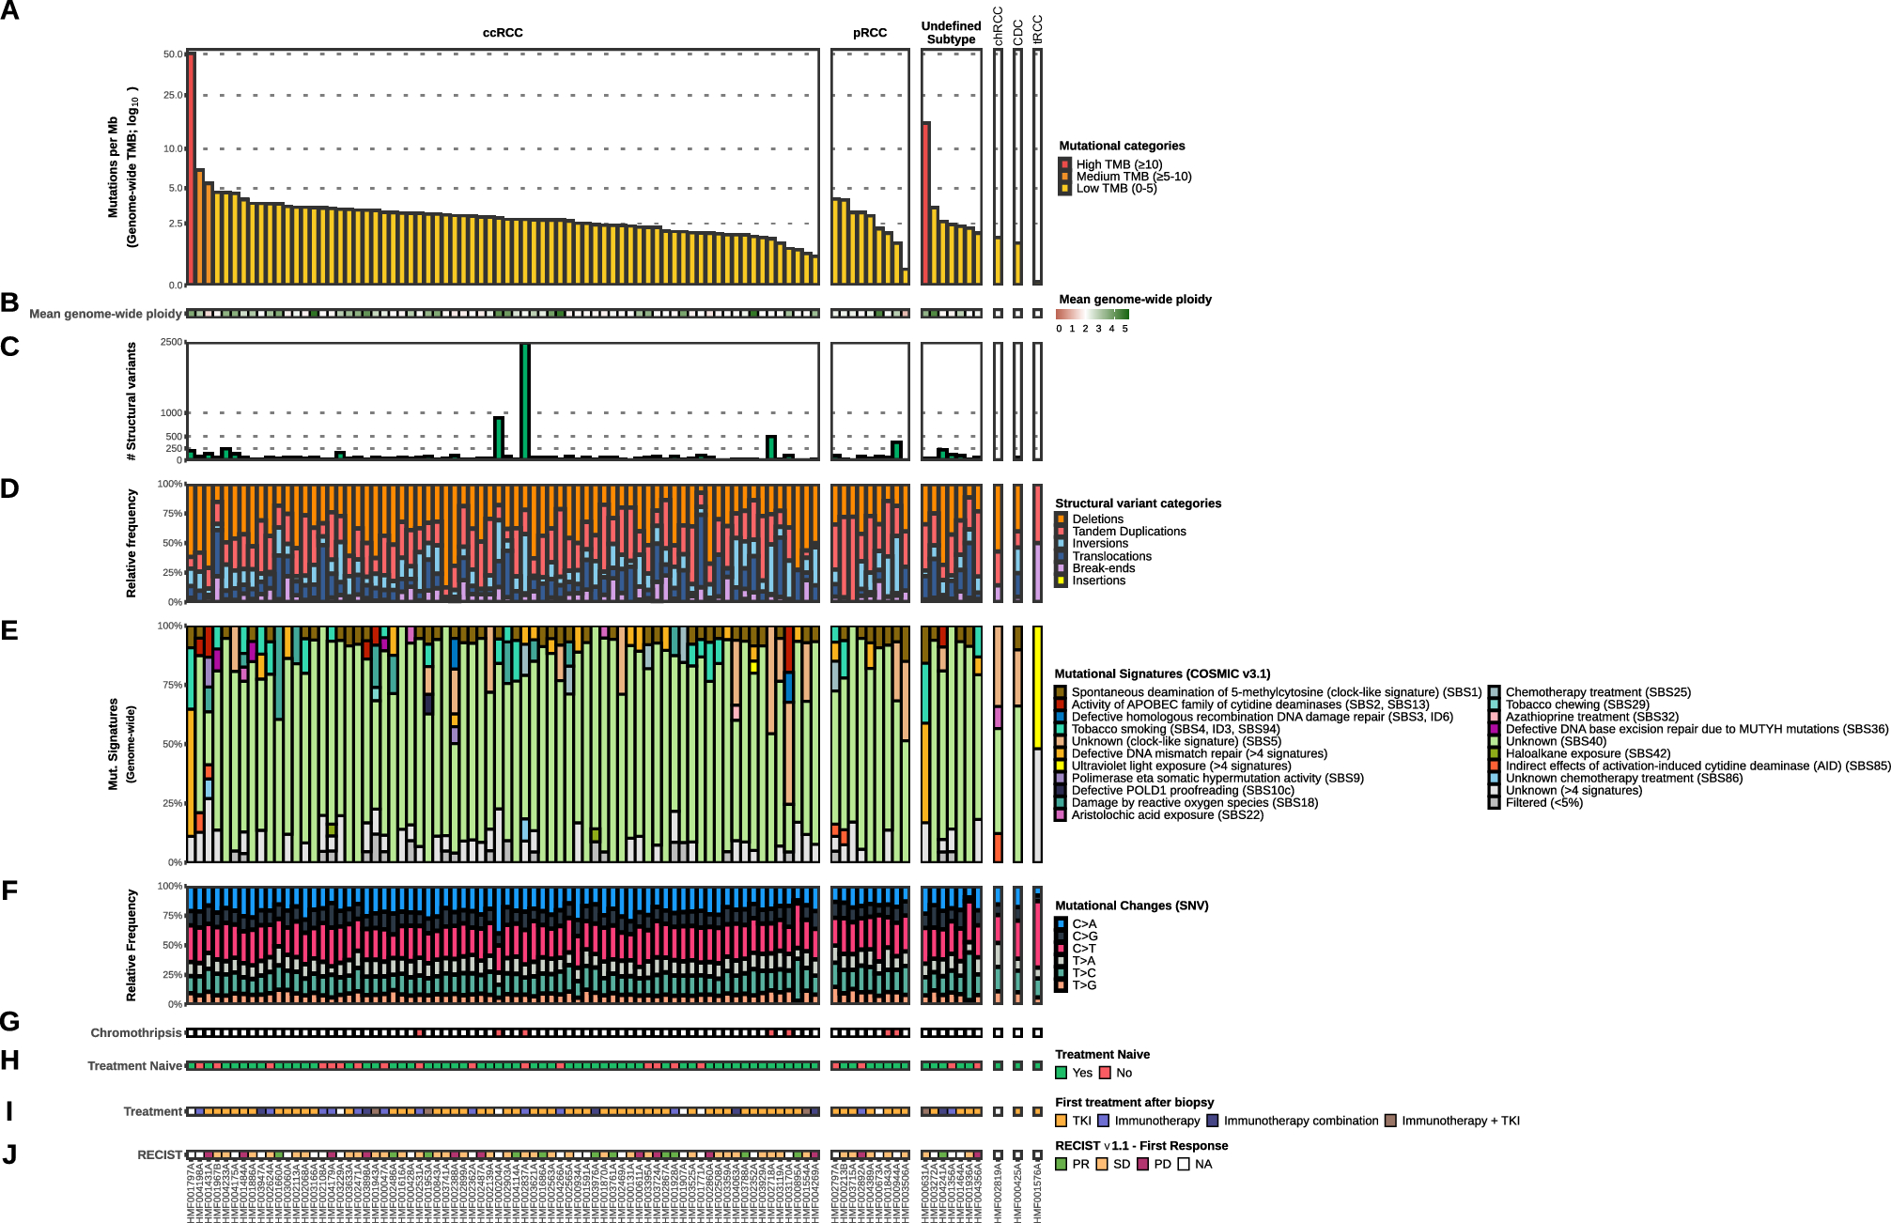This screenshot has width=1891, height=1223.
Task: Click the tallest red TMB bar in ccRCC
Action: pos(192,169)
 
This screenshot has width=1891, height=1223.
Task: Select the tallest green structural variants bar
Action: pos(525,401)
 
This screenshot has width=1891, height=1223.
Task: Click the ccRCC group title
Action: pos(503,33)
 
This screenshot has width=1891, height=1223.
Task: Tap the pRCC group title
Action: pos(870,33)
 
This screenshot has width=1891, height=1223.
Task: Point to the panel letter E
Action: pos(10,630)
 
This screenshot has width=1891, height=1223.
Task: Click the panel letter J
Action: pos(10,1154)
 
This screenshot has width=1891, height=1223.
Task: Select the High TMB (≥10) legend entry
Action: pos(1118,164)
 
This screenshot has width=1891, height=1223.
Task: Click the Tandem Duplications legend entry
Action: pos(1128,532)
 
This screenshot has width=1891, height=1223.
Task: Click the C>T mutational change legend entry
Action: pos(1083,949)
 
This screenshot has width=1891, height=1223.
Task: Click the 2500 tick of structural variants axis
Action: pos(172,342)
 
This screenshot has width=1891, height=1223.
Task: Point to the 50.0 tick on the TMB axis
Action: pos(174,54)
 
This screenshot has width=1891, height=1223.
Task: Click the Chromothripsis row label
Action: pos(136,1033)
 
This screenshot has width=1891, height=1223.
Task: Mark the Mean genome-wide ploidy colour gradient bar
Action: pos(1092,315)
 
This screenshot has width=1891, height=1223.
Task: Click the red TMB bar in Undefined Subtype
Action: pos(926,203)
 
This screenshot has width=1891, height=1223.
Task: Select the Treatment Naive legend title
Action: pos(1102,1055)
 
